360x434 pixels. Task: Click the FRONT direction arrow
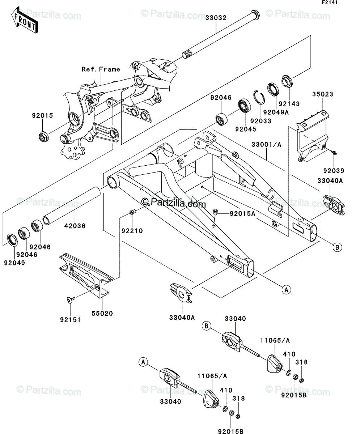[x=24, y=20]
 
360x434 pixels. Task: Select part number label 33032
[x=216, y=18]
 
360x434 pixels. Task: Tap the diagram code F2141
[x=330, y=3]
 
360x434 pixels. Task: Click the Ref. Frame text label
[x=101, y=69]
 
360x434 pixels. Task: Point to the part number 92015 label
[x=42, y=116]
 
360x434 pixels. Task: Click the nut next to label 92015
[x=43, y=137]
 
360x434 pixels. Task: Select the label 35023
[x=323, y=94]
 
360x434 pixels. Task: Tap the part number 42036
[x=75, y=226]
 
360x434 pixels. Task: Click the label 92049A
[x=276, y=112]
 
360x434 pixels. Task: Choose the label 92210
[x=132, y=231]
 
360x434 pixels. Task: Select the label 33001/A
[x=266, y=144]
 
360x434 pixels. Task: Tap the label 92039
[x=334, y=171]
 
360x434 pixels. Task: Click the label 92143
[x=289, y=104]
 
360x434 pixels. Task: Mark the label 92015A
[x=242, y=214]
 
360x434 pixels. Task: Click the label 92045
[x=246, y=129]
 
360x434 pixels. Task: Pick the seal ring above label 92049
[x=12, y=240]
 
